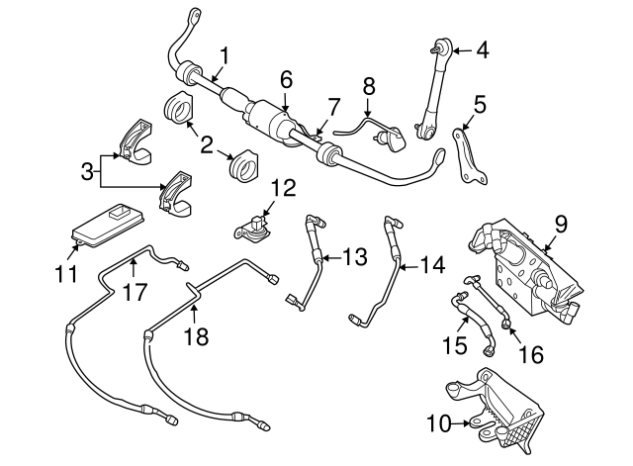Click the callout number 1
(226, 54)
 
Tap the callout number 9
(560, 226)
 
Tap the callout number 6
(287, 76)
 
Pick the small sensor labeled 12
(256, 227)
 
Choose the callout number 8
(368, 86)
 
